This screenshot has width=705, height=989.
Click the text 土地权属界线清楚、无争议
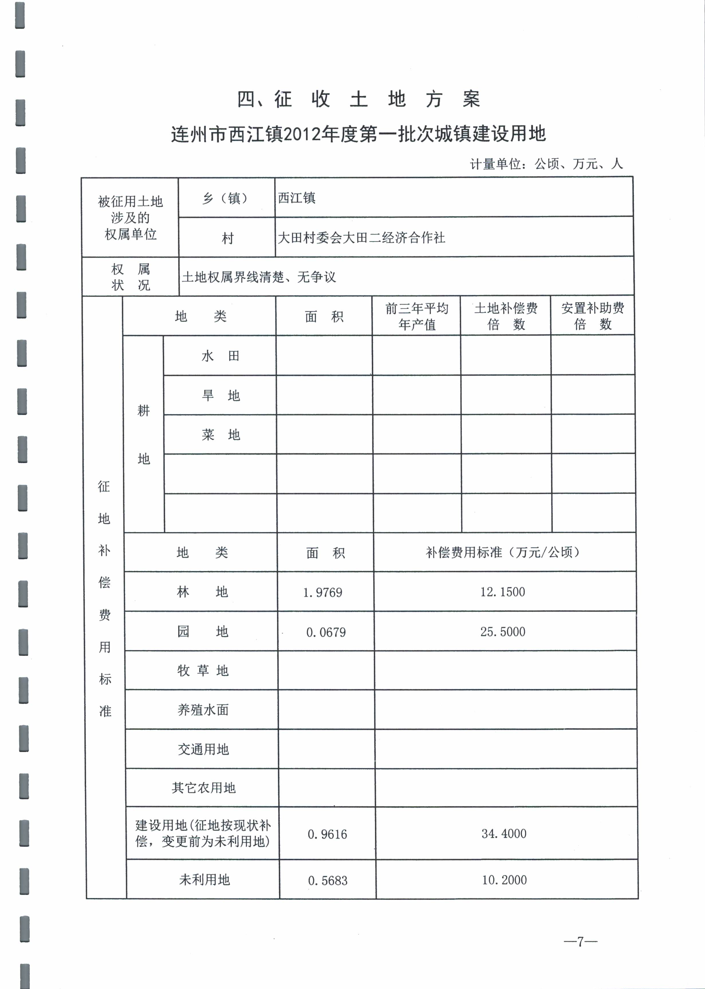[x=259, y=277]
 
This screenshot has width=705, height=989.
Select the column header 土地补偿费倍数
[x=506, y=316]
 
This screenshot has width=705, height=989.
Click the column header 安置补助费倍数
[x=592, y=316]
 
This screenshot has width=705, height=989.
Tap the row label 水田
[x=220, y=356]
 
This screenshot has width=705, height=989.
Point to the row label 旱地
[x=220, y=395]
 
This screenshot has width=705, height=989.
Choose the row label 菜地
[x=220, y=434]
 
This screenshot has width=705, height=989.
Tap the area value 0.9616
[x=327, y=834]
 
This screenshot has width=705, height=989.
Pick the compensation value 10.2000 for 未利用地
[x=504, y=880]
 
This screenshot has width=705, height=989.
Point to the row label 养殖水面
[x=203, y=710]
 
